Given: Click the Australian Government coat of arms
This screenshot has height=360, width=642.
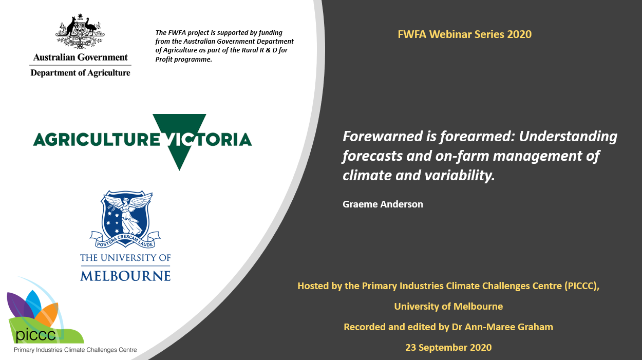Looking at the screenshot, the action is pyautogui.click(x=80, y=31).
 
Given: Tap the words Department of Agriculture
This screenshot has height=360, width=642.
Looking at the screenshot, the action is pyautogui.click(x=80, y=73).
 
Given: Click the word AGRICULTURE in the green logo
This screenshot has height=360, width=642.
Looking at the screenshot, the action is pyautogui.click(x=97, y=140).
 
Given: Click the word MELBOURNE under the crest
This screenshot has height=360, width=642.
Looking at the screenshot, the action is pyautogui.click(x=125, y=276).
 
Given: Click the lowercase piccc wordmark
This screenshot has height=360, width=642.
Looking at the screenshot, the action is pyautogui.click(x=35, y=335).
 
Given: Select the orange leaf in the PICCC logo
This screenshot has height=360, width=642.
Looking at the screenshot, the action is pyautogui.click(x=48, y=313).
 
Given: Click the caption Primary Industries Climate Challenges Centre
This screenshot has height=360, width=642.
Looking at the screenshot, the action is pyautogui.click(x=75, y=350).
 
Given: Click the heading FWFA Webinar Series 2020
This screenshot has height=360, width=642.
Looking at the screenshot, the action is pyautogui.click(x=465, y=34).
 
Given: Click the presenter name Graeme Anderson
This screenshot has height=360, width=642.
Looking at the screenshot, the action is pyautogui.click(x=383, y=204).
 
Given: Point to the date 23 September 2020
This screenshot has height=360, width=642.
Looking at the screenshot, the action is pyautogui.click(x=448, y=347).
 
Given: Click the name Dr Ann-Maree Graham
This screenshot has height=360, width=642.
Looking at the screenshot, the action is pyautogui.click(x=502, y=327).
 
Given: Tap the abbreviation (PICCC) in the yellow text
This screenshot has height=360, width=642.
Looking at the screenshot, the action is pyautogui.click(x=582, y=286).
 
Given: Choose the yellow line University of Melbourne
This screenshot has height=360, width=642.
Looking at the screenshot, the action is pyautogui.click(x=448, y=307).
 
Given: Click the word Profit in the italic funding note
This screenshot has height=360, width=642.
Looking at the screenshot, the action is pyautogui.click(x=164, y=60).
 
